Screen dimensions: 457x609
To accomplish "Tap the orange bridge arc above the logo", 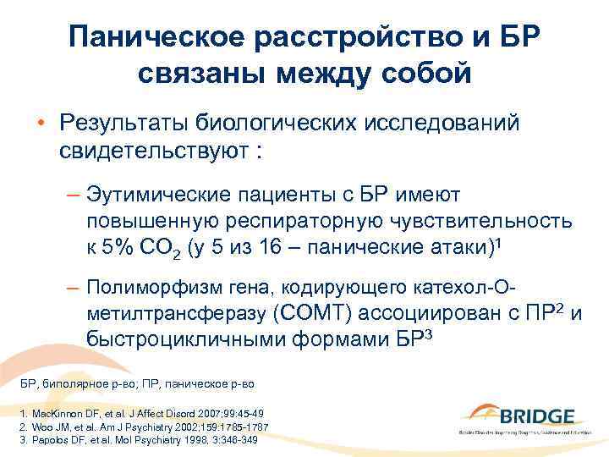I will pos(491,407).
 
